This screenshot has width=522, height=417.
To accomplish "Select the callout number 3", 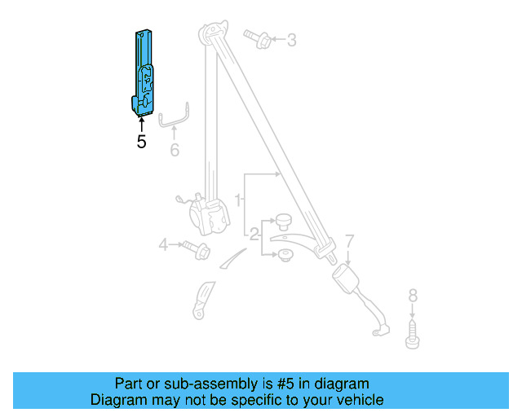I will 291,39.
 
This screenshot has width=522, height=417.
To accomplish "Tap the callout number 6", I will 174,150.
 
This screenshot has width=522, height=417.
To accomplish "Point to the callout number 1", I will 238,199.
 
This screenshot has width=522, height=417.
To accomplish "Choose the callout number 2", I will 254,236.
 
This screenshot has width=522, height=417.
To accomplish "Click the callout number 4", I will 163,244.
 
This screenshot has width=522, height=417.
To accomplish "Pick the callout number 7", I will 349,241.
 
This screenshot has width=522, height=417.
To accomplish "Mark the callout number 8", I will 412,295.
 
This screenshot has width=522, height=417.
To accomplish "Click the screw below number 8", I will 413,336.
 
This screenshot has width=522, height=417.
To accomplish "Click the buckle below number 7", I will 350,282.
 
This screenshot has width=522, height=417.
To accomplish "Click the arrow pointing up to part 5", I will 142,125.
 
